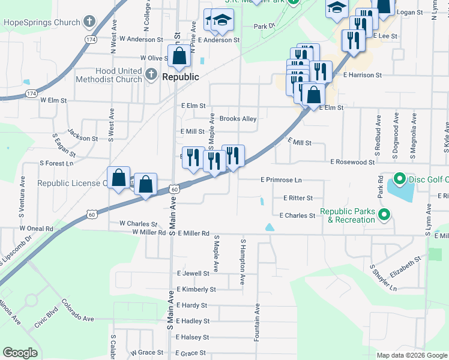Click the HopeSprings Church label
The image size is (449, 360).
click(42, 23)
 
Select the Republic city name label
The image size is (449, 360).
click(181, 77)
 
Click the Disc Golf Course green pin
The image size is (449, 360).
click(399, 179)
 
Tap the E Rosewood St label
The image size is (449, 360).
click(352, 162)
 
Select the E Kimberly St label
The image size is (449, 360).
click(196, 289)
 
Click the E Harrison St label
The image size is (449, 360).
click(363, 75)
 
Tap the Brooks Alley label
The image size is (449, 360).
click(238, 119)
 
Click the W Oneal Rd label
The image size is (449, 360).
click(36, 229)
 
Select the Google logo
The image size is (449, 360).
click(20, 353)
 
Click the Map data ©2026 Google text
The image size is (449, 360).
click(411, 355)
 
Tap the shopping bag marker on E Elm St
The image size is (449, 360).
click(313, 95)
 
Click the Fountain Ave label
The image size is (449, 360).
click(257, 323)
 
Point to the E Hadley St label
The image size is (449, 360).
click(193, 321)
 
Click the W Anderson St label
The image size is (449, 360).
click(141, 40)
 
